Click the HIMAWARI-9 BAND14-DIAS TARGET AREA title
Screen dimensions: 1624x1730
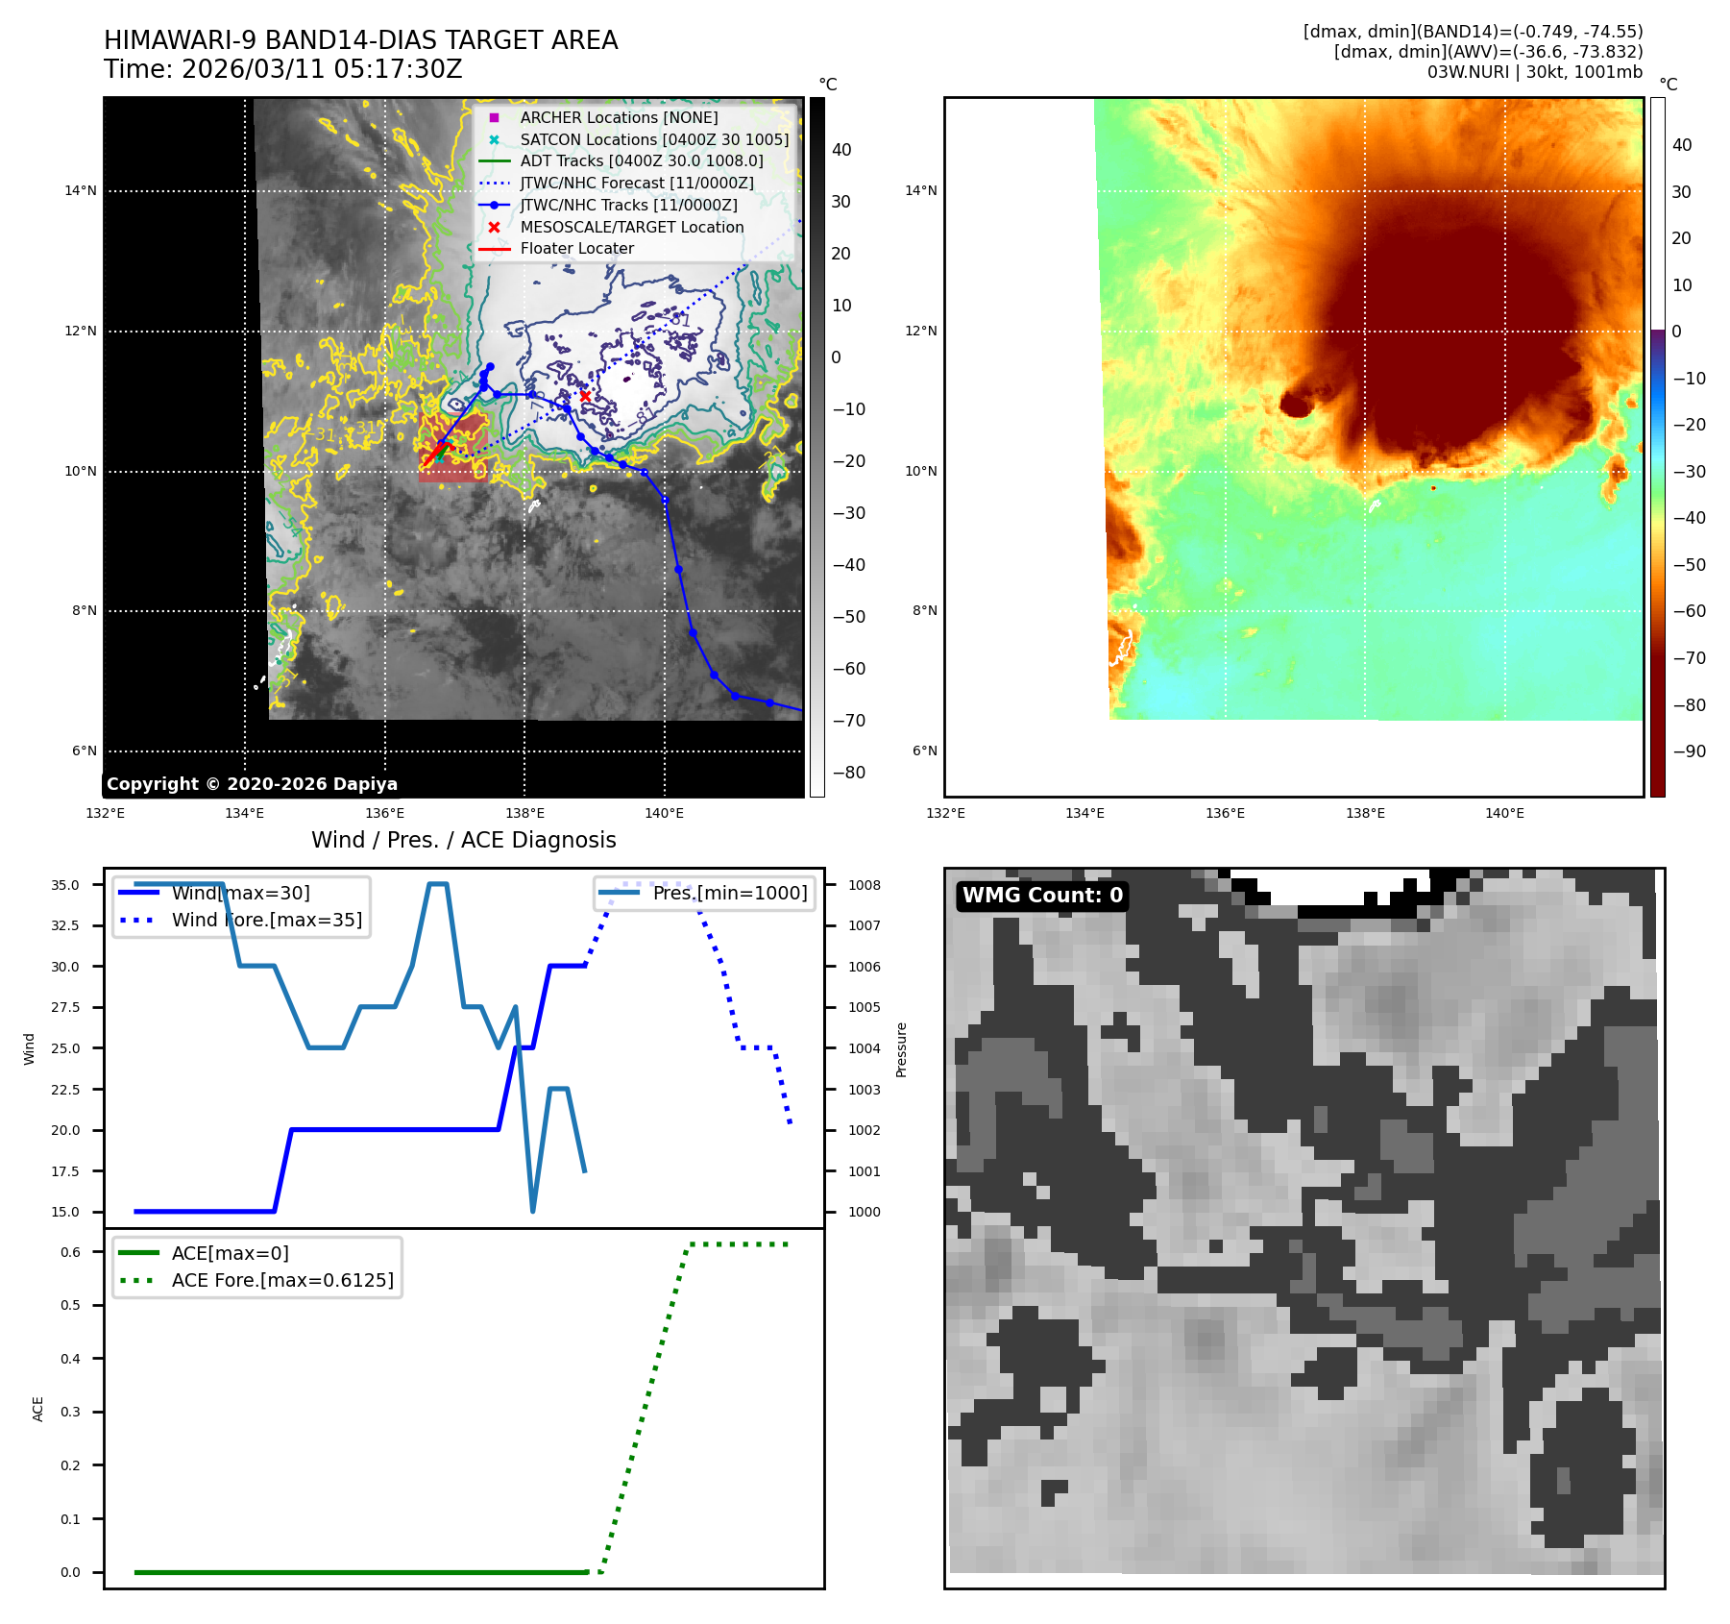(x=360, y=40)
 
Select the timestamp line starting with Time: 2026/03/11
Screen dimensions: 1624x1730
(x=283, y=69)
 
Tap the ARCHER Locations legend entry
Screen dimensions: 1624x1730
(x=619, y=117)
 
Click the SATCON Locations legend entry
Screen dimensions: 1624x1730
(x=654, y=139)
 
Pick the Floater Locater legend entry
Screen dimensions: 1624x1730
(x=576, y=248)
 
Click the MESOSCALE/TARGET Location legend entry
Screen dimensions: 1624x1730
(x=631, y=227)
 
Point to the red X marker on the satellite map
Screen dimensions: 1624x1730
(x=585, y=396)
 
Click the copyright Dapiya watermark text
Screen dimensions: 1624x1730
(x=252, y=784)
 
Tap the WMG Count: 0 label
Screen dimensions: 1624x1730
(x=1042, y=896)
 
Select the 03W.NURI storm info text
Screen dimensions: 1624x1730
(x=1534, y=72)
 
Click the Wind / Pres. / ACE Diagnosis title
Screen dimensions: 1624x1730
(x=463, y=840)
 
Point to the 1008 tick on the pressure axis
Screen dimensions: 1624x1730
(x=864, y=885)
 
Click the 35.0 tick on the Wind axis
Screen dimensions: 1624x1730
(x=65, y=885)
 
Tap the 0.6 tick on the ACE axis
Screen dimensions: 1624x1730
(x=71, y=1252)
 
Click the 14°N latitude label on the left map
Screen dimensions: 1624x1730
(x=81, y=191)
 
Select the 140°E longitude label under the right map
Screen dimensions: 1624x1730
(x=1504, y=813)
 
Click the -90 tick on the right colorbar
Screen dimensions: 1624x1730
(x=1689, y=751)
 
